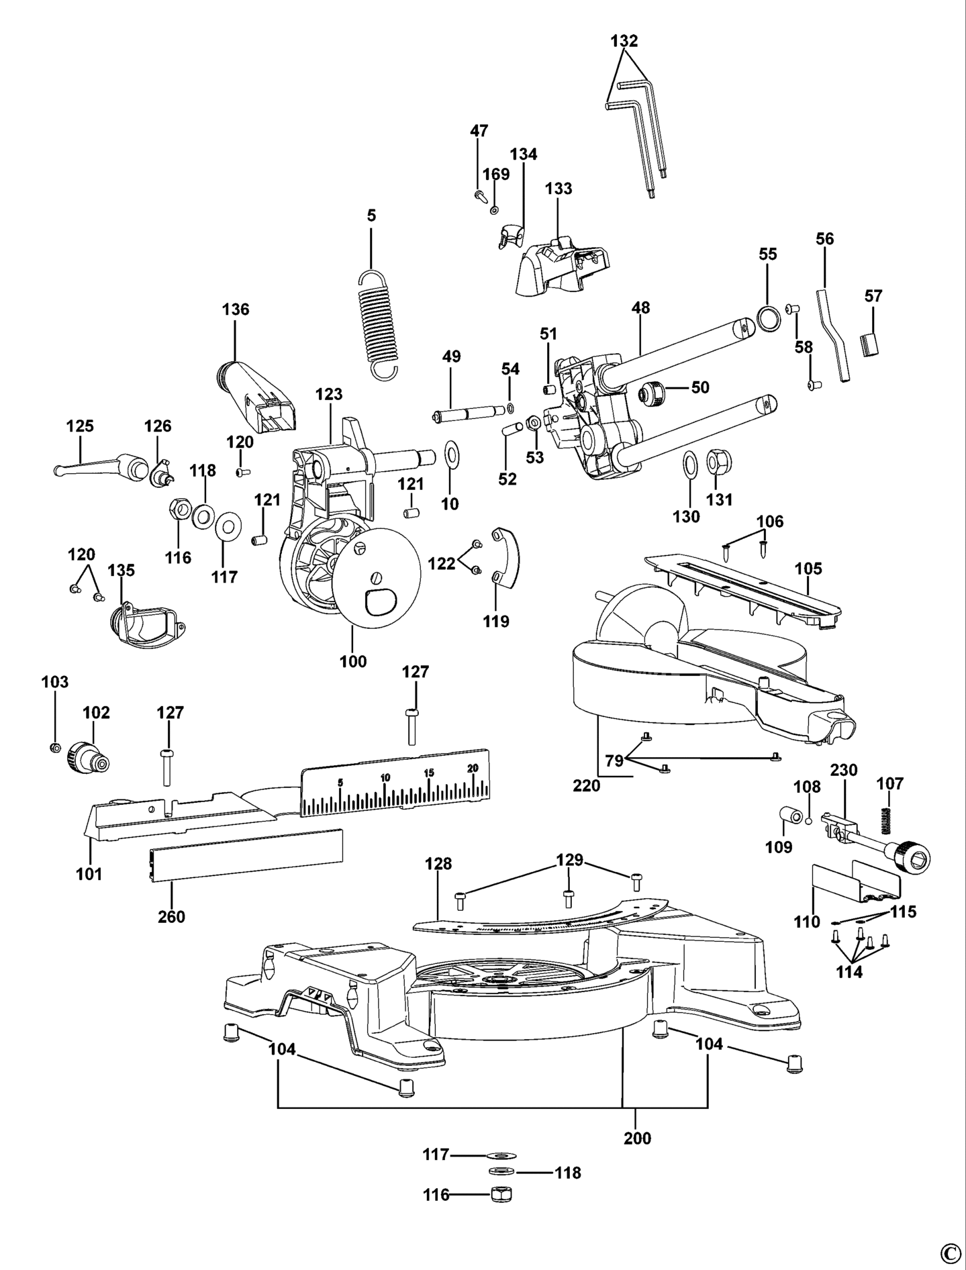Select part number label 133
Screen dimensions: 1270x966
(559, 189)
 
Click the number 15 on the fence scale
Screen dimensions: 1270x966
(428, 773)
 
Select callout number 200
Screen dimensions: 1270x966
(637, 1138)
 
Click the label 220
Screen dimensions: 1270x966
(587, 785)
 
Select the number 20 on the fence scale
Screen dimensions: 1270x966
(473, 768)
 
